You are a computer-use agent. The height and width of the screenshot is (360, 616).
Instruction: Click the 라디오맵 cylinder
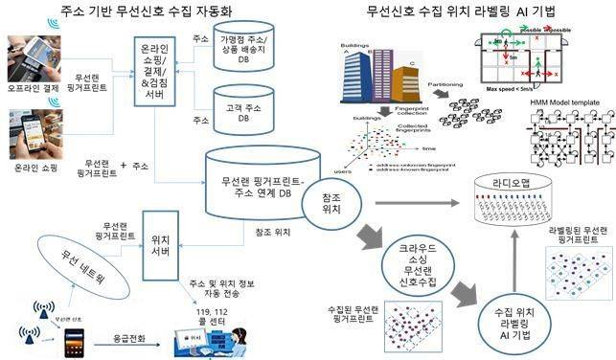pos(523,196)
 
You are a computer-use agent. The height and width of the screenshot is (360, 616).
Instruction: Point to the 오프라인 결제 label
pos(30,94)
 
